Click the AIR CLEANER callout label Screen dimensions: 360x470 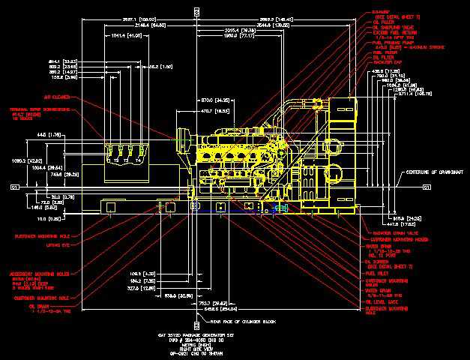tap(56, 97)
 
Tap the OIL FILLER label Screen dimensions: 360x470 tap(383, 22)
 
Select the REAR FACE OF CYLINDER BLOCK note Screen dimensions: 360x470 tap(231, 321)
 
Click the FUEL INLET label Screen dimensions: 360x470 tap(378, 274)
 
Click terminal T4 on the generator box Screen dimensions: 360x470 tap(138, 160)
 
